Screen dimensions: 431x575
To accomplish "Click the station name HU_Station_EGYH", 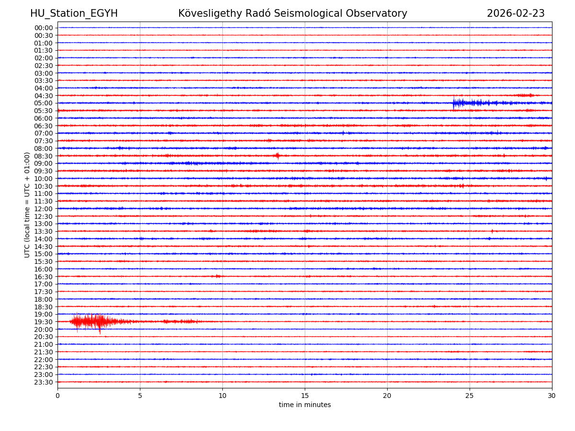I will click(x=74, y=13).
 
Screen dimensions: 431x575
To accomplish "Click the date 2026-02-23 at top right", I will click(x=516, y=13).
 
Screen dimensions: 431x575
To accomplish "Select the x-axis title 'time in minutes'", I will click(x=305, y=405).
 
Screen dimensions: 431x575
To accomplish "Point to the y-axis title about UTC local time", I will click(x=27, y=204).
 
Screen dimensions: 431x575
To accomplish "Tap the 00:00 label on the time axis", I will click(x=43, y=28).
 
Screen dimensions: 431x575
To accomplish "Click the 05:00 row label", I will click(x=43, y=103).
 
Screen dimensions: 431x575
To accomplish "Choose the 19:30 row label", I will click(x=43, y=322).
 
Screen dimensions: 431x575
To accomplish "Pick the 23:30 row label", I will click(x=43, y=382).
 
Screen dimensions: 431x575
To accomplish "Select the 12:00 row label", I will click(x=43, y=209).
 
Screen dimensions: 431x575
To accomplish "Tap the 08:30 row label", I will click(x=43, y=156).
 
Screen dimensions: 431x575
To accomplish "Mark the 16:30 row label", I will click(x=43, y=277).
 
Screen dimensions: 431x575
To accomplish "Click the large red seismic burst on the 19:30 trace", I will click(x=93, y=321).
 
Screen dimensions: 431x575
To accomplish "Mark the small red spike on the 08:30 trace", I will click(x=277, y=156).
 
